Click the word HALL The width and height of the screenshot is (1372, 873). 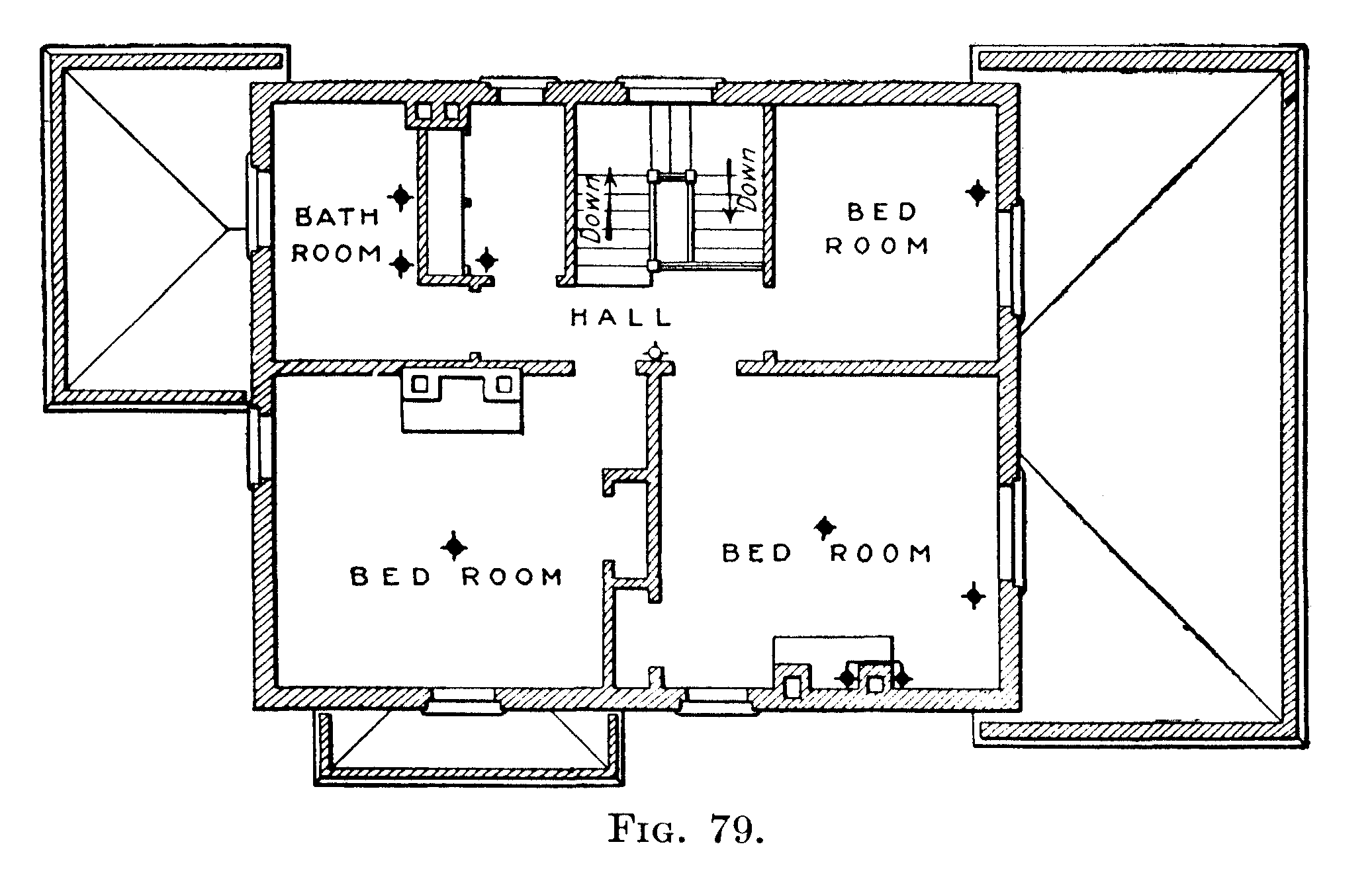[621, 318]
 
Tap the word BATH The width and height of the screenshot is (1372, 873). [336, 217]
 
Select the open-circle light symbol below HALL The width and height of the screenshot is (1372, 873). [655, 353]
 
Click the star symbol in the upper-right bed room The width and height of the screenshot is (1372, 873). [977, 193]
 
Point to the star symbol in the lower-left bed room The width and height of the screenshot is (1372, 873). [454, 546]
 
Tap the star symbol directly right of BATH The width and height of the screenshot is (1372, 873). [401, 196]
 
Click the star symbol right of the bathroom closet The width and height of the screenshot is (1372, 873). [486, 260]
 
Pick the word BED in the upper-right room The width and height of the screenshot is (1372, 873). [882, 212]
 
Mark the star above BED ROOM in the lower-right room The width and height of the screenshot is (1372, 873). [825, 527]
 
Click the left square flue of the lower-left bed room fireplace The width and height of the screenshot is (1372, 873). [420, 384]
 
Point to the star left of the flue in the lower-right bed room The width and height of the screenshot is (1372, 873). [847, 678]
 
